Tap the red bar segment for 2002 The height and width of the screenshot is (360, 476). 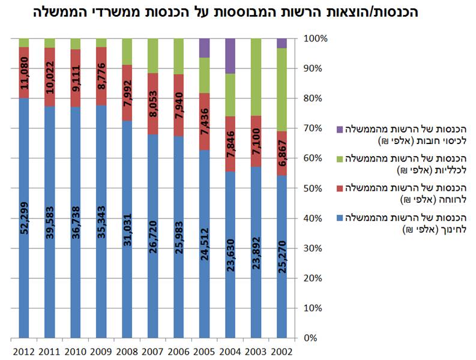point(282,154)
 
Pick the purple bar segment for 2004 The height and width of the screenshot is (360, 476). point(230,56)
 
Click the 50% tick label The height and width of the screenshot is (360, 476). point(318,188)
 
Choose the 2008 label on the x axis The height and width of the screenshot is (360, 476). point(127,350)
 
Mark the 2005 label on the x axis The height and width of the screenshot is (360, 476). point(205,350)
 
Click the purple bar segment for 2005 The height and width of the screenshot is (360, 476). point(205,47)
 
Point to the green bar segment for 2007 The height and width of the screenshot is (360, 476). point(153,56)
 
